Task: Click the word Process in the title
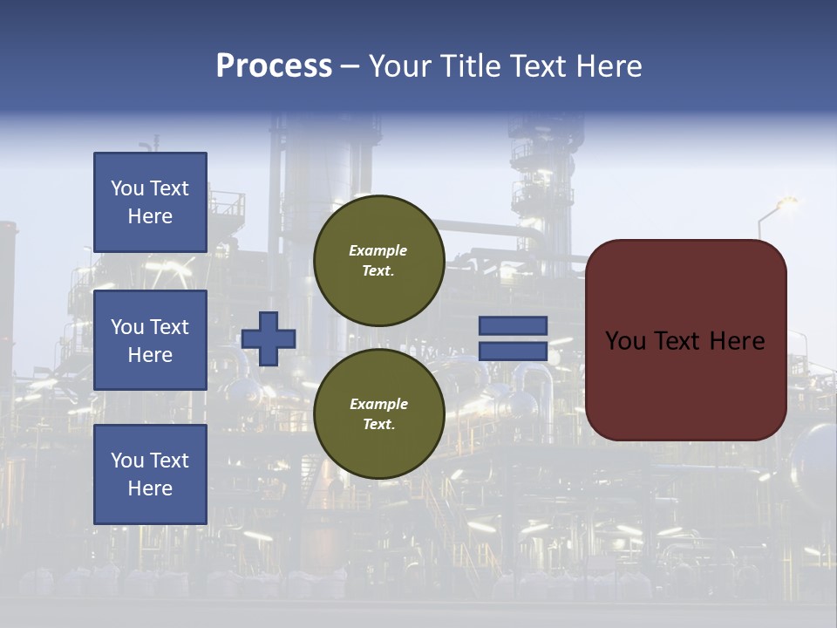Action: point(274,66)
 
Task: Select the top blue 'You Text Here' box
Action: point(150,202)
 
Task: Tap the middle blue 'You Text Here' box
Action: point(150,340)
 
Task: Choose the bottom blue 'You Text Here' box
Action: point(150,474)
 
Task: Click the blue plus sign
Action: point(269,338)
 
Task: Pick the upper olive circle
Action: point(379,261)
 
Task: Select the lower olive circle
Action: point(379,414)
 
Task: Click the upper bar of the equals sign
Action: point(514,325)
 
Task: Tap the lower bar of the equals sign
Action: point(514,352)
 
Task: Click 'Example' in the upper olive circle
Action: point(378,250)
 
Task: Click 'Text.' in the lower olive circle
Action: point(378,425)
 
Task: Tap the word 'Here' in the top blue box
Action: point(150,216)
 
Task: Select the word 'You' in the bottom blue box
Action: point(127,461)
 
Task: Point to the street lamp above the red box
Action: point(786,203)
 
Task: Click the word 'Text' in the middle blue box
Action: point(169,327)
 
